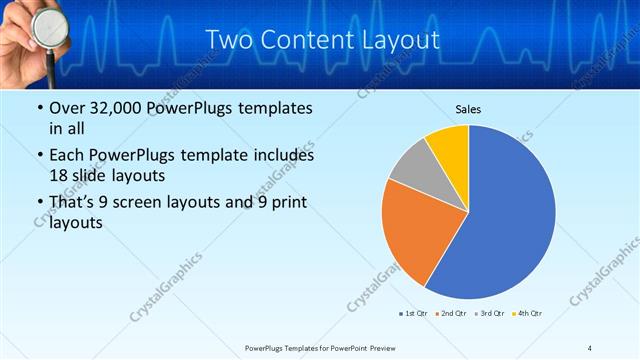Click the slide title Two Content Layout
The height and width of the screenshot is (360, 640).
322,40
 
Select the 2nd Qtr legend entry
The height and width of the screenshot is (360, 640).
452,314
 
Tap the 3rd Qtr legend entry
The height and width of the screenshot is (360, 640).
490,314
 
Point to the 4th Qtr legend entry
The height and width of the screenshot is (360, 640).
527,314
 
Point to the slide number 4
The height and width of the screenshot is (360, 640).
590,348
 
